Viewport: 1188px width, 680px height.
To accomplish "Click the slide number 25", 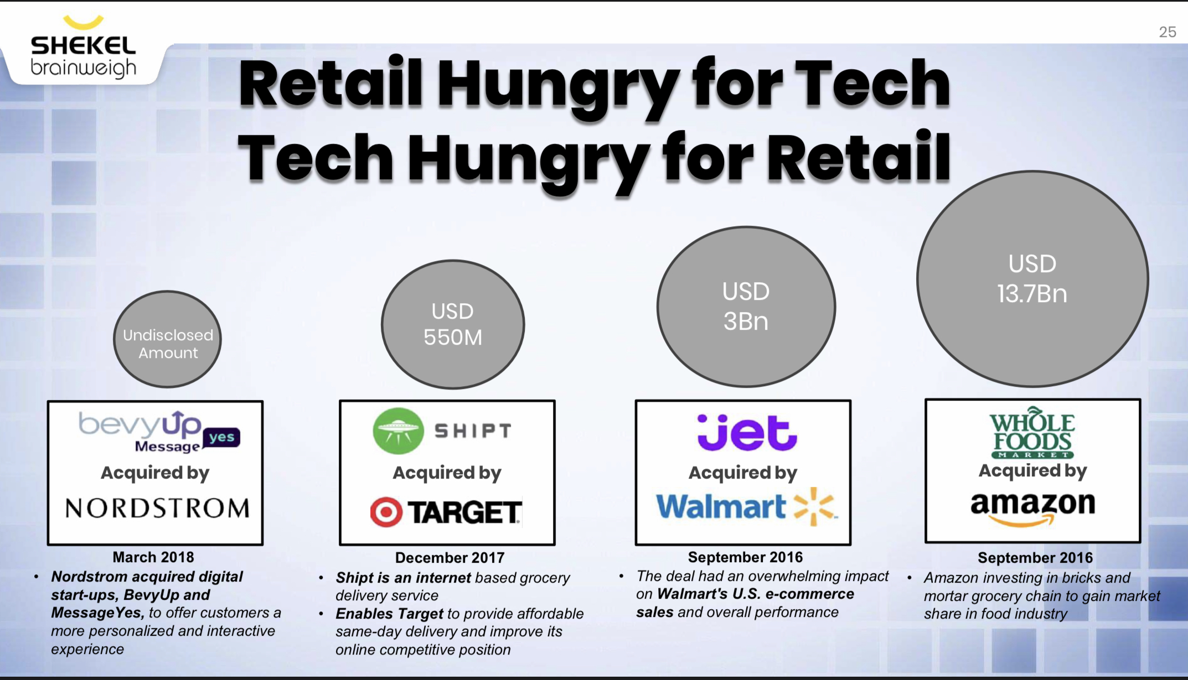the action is [x=1168, y=32].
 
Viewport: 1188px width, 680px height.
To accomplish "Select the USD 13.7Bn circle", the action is [x=1032, y=278].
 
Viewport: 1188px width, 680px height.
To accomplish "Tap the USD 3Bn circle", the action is [x=746, y=307].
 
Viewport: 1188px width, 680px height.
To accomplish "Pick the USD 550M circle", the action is [x=453, y=324].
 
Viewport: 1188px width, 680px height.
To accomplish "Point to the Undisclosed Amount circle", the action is [x=167, y=339].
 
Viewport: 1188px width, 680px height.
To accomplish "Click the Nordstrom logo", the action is [x=157, y=508].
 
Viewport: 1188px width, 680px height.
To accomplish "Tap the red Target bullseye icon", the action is [x=386, y=512].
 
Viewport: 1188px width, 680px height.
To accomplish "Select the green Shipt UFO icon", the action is [x=398, y=431].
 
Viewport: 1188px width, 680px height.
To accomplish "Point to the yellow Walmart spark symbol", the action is [x=814, y=506].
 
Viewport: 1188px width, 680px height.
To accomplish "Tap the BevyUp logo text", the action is [x=140, y=424].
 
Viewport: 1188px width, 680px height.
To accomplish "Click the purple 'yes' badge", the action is [x=221, y=437].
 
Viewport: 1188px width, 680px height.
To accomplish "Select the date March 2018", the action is [x=153, y=557].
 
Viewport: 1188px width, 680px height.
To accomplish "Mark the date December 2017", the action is [x=450, y=558].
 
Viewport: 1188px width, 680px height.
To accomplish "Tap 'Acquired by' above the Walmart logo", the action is [x=743, y=473].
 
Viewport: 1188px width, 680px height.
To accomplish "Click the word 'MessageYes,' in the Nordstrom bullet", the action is [x=98, y=613].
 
